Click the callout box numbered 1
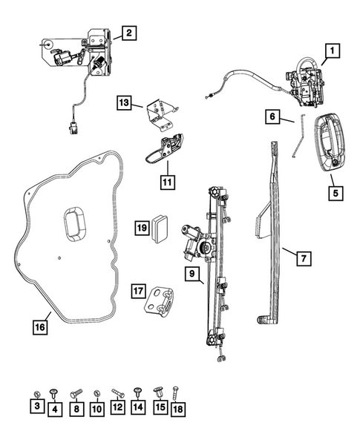pos(332,51)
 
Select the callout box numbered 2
pos(128,33)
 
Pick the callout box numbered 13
pos(123,102)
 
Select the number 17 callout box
pos(137,290)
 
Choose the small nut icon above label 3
pos(36,391)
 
